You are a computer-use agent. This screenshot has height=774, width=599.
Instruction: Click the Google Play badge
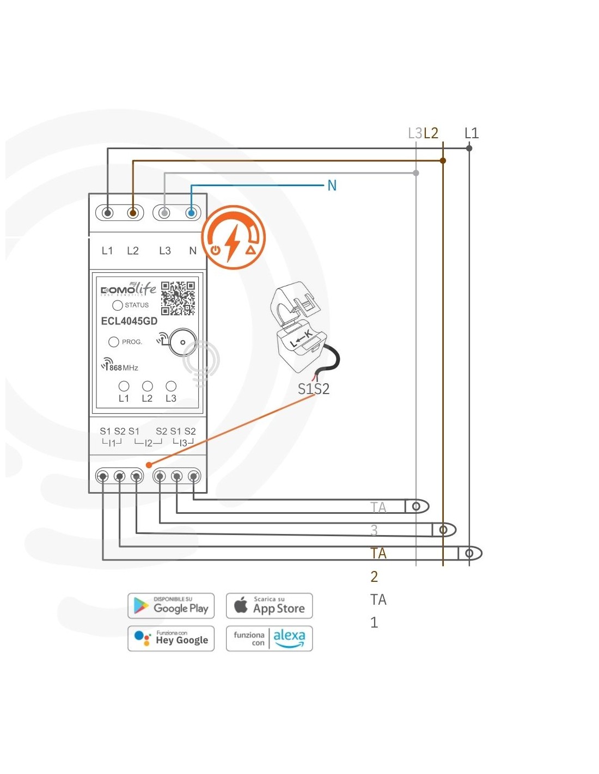point(171,606)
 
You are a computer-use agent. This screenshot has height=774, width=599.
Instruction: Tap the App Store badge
point(269,606)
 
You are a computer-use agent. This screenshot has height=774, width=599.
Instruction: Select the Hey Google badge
point(171,638)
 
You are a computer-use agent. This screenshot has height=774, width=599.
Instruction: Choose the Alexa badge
point(269,638)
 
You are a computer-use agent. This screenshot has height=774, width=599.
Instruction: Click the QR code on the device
point(178,298)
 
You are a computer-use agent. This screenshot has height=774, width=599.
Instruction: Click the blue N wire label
point(332,186)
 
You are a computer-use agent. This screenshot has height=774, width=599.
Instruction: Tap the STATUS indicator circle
point(118,305)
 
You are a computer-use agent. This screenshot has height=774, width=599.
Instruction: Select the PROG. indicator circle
point(114,342)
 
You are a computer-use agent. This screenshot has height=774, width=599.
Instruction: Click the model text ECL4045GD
point(129,321)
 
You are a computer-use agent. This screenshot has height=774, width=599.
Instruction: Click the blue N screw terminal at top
point(191,213)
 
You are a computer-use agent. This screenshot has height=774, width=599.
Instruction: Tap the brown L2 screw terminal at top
point(132,213)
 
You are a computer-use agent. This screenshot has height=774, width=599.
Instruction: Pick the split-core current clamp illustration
point(302,327)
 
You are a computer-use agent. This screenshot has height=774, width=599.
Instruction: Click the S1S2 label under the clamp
point(314,389)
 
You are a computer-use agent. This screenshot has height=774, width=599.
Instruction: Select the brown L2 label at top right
point(431,133)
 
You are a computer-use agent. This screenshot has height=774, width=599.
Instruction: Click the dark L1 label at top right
point(472,133)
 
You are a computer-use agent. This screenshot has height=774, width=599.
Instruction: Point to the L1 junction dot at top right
point(469,148)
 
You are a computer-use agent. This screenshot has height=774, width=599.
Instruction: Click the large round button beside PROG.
point(182,342)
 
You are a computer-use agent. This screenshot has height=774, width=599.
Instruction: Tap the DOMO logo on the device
point(118,290)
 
